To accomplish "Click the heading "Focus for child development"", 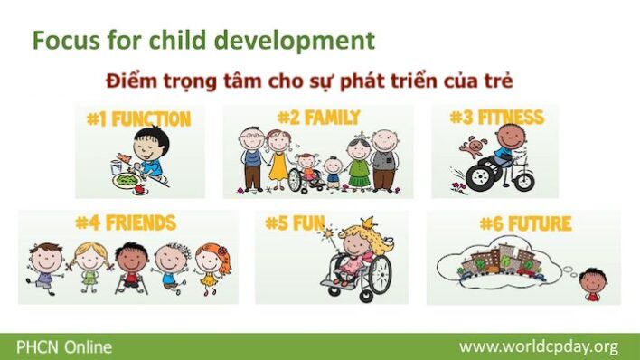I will coord(202,41).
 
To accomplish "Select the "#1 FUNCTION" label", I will coord(138,119).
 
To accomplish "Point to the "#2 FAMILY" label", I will coord(318,118).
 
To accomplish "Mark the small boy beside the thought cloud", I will coord(593,284).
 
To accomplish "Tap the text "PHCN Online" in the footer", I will coord(57,346).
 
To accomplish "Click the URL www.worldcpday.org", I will coord(538,346).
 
